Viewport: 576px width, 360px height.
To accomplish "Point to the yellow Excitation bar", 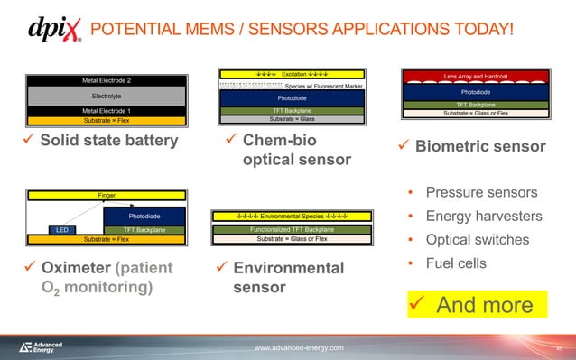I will pyautogui.click(x=291, y=73).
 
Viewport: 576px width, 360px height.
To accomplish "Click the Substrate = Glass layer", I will pyautogui.click(x=291, y=118).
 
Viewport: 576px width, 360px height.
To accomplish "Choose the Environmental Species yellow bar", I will pyautogui.click(x=291, y=217).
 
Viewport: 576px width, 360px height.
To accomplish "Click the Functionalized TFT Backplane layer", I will pyautogui.click(x=291, y=230).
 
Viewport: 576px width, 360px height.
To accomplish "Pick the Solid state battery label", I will pyautogui.click(x=102, y=143).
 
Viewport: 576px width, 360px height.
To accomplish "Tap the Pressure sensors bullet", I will pyautogui.click(x=481, y=193).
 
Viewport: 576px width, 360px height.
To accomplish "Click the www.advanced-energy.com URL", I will pyautogui.click(x=298, y=348).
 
